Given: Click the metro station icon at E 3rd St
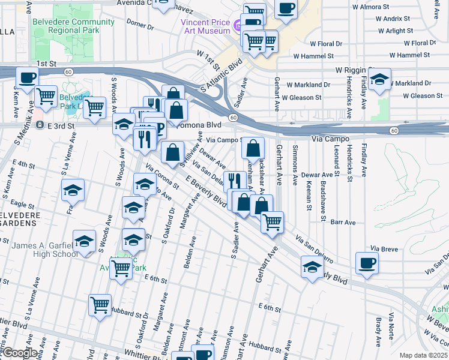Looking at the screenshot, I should pyautogui.click(x=40, y=125).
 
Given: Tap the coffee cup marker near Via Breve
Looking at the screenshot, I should pyautogui.click(x=367, y=262).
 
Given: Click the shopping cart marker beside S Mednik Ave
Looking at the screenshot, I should pyautogui.click(x=46, y=95).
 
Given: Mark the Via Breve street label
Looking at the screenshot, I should pyautogui.click(x=384, y=248).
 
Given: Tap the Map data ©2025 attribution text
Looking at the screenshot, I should pyautogui.click(x=423, y=355).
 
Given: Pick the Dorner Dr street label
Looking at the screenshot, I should pyautogui.click(x=141, y=25).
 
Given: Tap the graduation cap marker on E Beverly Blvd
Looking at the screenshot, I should pyautogui.click(x=312, y=267).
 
